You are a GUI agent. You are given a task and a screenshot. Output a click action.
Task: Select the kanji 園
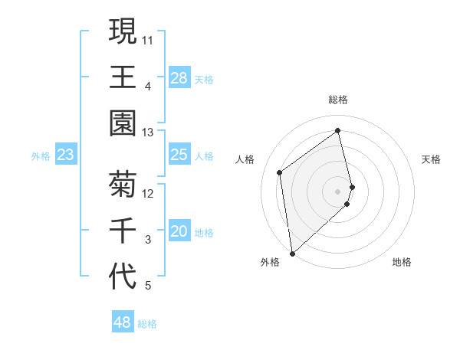(123, 123)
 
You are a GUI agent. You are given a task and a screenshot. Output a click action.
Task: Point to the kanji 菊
(123, 184)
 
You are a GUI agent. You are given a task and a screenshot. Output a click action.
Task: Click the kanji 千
(123, 230)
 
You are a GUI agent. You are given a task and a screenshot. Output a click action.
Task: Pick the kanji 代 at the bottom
(123, 276)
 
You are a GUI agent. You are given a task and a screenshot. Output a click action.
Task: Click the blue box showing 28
(179, 78)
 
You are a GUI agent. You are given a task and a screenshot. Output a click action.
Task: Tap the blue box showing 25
(179, 155)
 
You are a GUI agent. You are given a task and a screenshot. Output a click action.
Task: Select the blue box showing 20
(179, 232)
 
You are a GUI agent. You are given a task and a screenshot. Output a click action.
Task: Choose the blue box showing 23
(66, 155)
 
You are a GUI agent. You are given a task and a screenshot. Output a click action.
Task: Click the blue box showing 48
(123, 322)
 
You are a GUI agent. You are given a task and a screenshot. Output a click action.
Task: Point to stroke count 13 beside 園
(148, 133)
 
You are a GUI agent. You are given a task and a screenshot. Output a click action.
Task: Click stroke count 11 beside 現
(148, 39)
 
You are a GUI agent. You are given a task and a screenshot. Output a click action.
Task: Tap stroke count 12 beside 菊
(148, 193)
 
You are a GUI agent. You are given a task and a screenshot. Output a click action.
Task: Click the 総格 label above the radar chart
(338, 100)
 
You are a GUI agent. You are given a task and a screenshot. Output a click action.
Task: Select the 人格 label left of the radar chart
(245, 159)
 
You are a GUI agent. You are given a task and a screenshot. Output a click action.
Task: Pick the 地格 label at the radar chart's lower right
(402, 262)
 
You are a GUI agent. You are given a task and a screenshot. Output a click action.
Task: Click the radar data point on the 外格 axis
(292, 253)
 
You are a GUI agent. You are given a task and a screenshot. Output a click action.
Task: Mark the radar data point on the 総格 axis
(338, 130)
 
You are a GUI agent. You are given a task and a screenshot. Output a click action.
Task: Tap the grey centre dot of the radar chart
(338, 191)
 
